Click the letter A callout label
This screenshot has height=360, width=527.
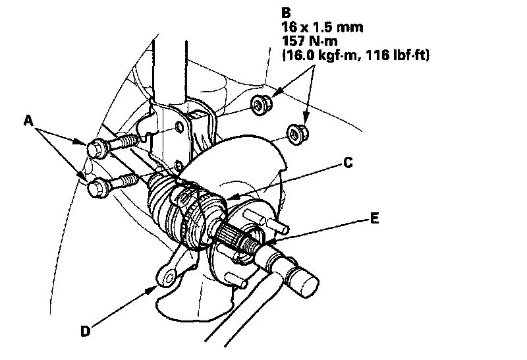click(28, 121)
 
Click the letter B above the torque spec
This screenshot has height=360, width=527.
click(285, 12)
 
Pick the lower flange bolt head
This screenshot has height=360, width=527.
click(97, 189)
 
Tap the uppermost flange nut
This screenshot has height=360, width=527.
click(260, 104)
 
